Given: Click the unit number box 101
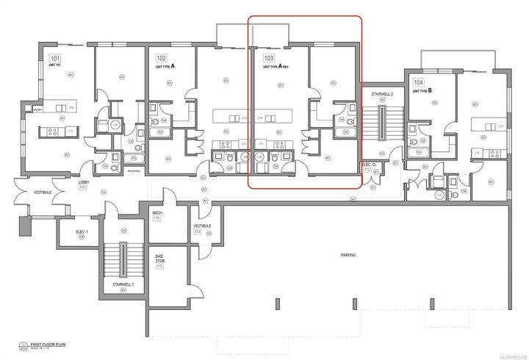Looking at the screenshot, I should coord(54,57).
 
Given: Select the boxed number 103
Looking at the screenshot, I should coord(269,57).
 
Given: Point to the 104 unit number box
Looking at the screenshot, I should coord(419,83).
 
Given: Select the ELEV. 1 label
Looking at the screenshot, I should coord(82,232).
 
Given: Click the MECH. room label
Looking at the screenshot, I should coord(157,213).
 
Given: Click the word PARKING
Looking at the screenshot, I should coord(348,255).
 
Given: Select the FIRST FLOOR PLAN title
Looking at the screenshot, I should coord(46,343).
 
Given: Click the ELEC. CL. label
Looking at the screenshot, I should coord(369,165).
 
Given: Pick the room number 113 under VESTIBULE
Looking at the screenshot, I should coord(198,231).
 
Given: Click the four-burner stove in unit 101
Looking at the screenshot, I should coord(54,132).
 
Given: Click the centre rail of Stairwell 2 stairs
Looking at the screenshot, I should coord(382,121).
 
